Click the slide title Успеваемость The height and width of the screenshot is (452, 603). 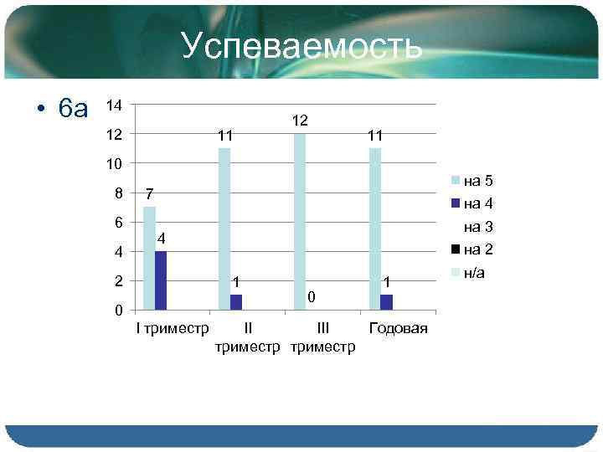pyautogui.click(x=301, y=47)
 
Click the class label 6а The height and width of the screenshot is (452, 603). pyautogui.click(x=74, y=109)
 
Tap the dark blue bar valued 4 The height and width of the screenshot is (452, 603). pyautogui.click(x=161, y=280)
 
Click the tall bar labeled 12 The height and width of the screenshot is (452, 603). pyautogui.click(x=299, y=221)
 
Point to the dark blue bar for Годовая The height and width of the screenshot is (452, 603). pyautogui.click(x=386, y=302)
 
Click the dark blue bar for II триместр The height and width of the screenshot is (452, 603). pyautogui.click(x=235, y=302)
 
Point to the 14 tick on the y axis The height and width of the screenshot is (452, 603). pyautogui.click(x=115, y=105)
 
